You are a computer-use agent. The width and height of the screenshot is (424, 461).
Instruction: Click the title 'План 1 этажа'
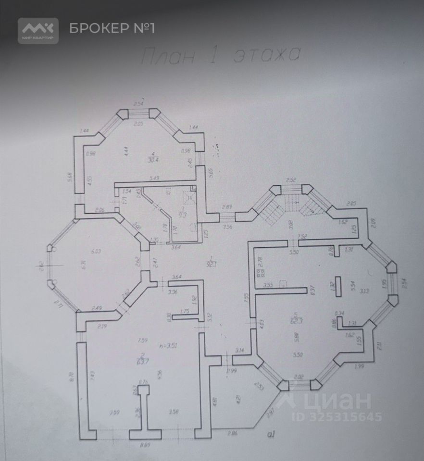point(221,56)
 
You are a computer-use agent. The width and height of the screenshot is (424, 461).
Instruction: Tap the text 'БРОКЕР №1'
point(112,28)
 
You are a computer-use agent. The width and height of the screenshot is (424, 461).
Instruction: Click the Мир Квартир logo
point(38,30)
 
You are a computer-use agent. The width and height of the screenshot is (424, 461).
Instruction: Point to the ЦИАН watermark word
point(332,400)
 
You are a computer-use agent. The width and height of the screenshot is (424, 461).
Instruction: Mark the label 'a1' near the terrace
point(272,435)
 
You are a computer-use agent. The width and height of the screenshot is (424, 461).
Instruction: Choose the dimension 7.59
point(142,341)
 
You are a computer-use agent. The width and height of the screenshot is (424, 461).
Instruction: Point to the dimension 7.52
point(302,237)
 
